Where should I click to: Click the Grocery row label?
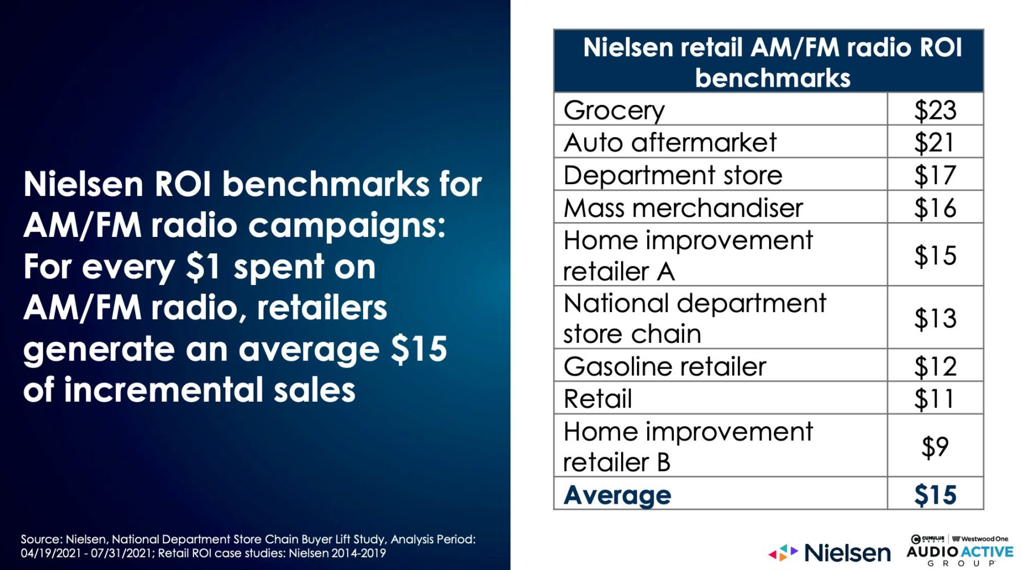click(614, 110)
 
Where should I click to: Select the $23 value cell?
click(935, 110)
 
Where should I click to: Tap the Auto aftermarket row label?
click(670, 142)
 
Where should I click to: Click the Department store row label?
click(673, 175)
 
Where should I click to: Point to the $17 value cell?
click(935, 175)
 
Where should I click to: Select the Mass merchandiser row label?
click(683, 208)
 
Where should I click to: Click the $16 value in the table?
click(935, 208)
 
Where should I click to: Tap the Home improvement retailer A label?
click(688, 256)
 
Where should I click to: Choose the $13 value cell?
click(935, 318)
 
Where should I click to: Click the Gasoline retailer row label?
click(665, 366)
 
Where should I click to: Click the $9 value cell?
click(935, 446)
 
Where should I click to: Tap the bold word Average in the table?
click(617, 495)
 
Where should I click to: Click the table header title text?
click(773, 62)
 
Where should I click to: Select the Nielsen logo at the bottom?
click(829, 552)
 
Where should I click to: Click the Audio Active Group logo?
click(960, 550)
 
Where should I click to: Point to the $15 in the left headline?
click(419, 348)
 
